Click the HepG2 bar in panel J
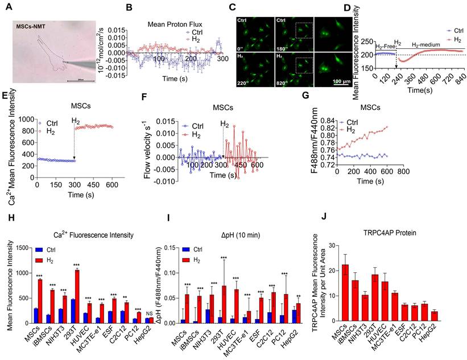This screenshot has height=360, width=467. coord(450,315)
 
